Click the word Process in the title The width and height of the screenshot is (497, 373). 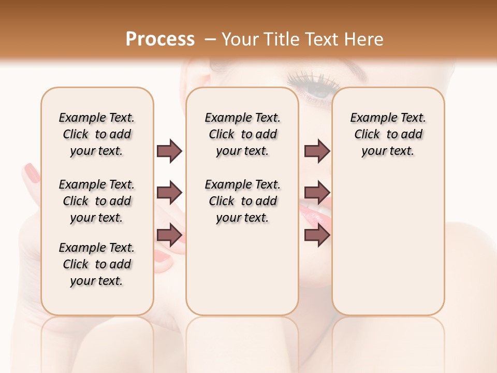click(x=160, y=39)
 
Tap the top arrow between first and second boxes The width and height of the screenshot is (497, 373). click(x=169, y=151)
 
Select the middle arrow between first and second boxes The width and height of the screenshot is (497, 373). click(x=169, y=193)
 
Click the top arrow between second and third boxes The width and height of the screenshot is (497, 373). click(x=317, y=151)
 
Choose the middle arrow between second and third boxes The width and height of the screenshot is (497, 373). click(x=317, y=193)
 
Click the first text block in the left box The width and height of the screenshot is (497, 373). click(x=97, y=134)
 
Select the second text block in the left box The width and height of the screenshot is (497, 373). click(x=97, y=201)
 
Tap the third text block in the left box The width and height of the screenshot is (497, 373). click(x=97, y=264)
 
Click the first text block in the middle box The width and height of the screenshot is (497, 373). click(x=242, y=134)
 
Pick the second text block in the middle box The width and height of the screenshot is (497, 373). click(x=242, y=201)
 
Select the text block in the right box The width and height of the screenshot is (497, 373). click(x=388, y=134)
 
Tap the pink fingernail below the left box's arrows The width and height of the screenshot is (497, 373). click(x=163, y=256)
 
